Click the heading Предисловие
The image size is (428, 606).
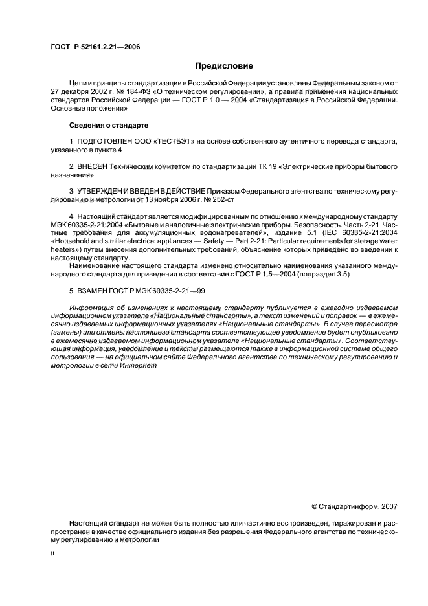click(224, 66)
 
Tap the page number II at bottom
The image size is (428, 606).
click(52, 554)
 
